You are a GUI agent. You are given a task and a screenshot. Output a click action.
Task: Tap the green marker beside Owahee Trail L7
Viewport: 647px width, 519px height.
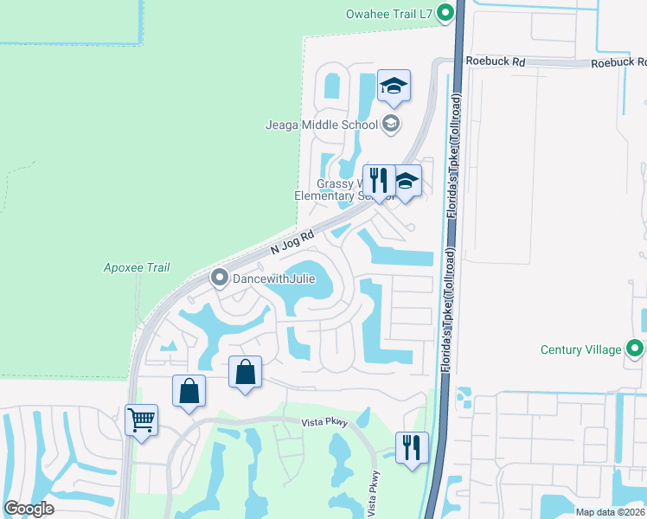tap(446, 13)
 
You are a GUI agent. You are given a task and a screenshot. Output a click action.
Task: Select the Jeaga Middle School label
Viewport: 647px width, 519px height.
tap(322, 125)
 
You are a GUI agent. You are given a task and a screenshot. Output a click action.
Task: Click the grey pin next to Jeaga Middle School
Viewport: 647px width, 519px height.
tap(392, 125)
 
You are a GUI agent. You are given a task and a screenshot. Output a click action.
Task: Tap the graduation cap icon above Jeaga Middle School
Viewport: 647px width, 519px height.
tap(393, 86)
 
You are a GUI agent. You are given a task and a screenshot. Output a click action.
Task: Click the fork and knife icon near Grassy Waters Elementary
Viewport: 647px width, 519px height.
tap(378, 180)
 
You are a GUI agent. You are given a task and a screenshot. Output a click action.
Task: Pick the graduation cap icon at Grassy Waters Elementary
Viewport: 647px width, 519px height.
tap(406, 182)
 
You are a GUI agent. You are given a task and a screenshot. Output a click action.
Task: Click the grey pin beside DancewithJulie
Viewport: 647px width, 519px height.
tap(219, 278)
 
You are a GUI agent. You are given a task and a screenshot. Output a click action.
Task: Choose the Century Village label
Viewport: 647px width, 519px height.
tap(580, 349)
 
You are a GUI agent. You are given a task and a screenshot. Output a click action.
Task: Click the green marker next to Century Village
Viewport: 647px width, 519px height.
tap(636, 349)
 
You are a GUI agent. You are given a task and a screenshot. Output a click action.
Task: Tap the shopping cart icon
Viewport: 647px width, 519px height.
tap(141, 420)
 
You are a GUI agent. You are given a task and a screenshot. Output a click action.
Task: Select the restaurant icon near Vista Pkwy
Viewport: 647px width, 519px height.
tap(411, 447)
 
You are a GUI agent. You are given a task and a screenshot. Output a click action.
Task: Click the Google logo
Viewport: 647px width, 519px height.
tap(29, 509)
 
